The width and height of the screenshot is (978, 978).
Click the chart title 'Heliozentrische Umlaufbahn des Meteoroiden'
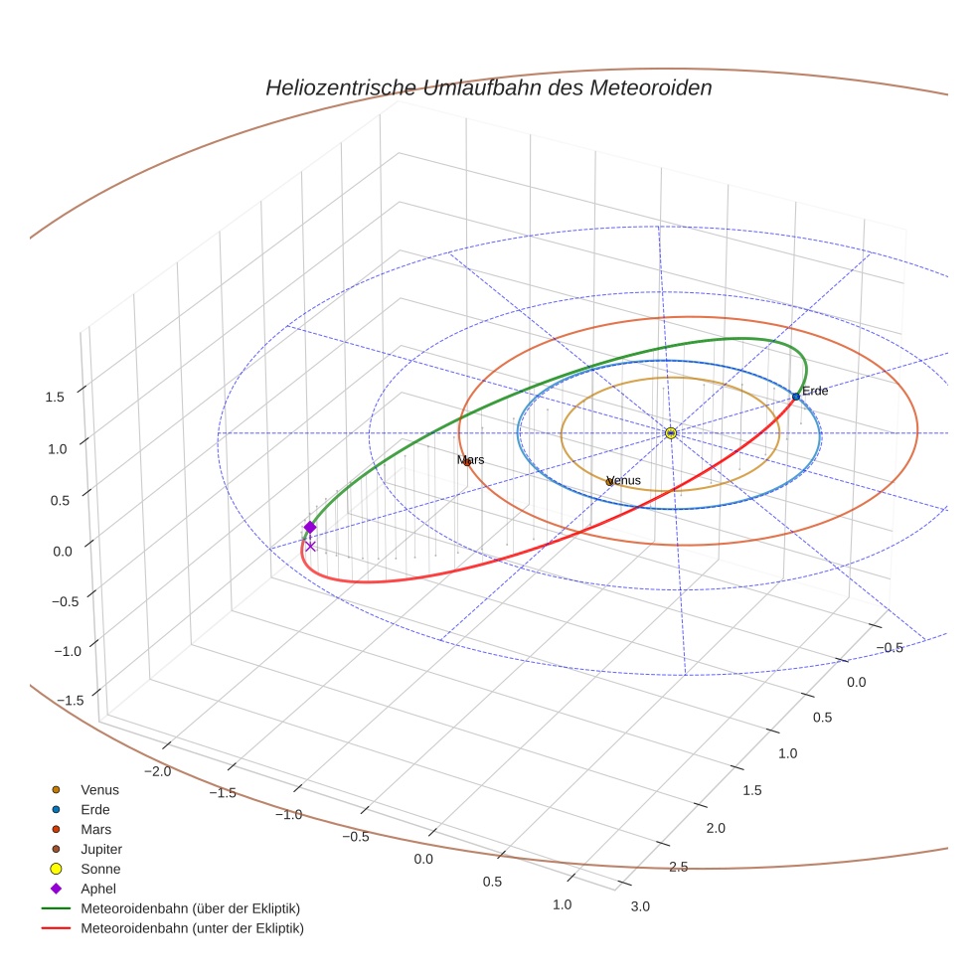click(x=488, y=87)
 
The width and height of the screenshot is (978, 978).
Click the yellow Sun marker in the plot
click(x=671, y=433)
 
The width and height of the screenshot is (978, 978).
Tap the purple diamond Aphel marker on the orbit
click(x=310, y=527)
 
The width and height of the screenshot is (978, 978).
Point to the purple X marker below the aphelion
click(x=310, y=547)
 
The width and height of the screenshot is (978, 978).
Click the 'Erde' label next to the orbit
click(x=815, y=391)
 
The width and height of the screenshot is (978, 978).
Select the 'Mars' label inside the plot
click(x=471, y=460)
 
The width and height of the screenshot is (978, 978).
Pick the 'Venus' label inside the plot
click(x=624, y=480)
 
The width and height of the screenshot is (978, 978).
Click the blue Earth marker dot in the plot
click(x=796, y=397)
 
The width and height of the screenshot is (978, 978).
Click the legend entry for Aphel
click(x=97, y=889)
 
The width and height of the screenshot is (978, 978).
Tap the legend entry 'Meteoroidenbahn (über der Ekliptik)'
click(x=190, y=908)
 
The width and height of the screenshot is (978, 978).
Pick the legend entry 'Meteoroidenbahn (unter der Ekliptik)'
click(x=192, y=928)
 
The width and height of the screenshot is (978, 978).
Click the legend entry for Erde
click(x=95, y=809)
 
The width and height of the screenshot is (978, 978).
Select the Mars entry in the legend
click(x=95, y=829)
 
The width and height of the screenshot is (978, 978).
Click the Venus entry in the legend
click(x=99, y=789)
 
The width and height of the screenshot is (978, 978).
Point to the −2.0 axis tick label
click(x=158, y=771)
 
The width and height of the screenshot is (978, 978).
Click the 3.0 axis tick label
click(x=640, y=905)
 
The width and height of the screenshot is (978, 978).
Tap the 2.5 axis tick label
click(x=678, y=867)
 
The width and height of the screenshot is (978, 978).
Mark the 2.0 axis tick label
click(x=716, y=828)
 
